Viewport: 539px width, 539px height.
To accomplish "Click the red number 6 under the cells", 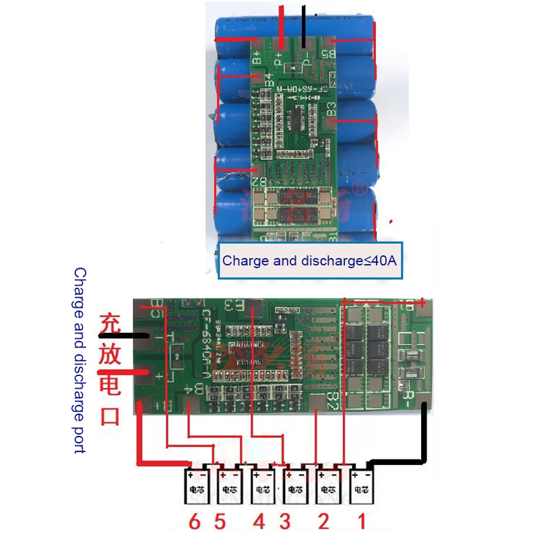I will [195, 521].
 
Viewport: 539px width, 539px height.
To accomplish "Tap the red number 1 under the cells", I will [362, 521].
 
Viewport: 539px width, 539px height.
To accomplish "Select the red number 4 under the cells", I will [259, 521].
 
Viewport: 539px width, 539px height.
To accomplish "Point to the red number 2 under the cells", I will [324, 521].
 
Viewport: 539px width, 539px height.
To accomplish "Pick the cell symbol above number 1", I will [362, 486].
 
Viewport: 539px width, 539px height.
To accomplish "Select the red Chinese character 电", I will [110, 385].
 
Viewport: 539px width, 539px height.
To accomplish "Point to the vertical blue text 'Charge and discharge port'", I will [80, 360].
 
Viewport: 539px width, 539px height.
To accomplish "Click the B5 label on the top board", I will [329, 51].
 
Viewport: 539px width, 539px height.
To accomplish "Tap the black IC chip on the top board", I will [296, 119].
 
